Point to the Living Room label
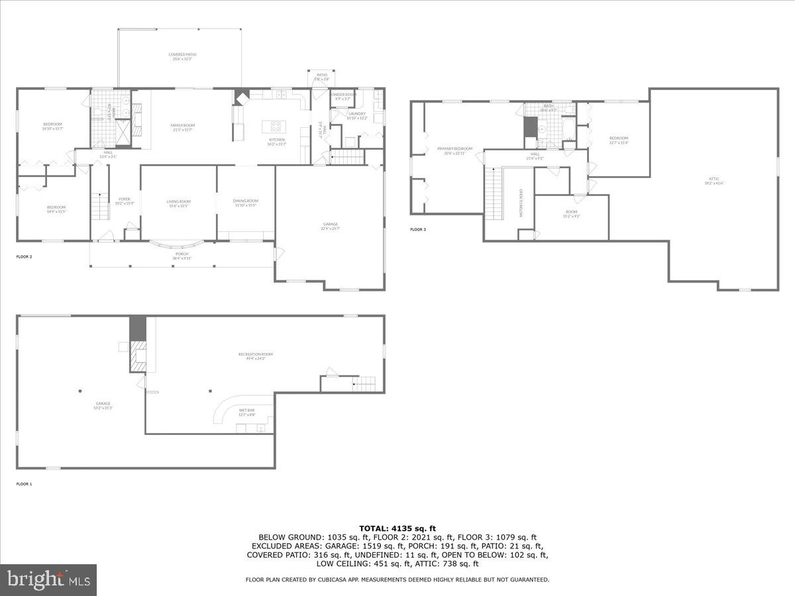tap(178, 201)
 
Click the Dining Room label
tap(245, 201)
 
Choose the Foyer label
tap(125, 199)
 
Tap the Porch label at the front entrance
tap(182, 254)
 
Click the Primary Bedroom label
tap(454, 149)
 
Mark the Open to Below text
tap(521, 203)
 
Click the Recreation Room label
tap(256, 354)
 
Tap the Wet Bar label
tap(246, 412)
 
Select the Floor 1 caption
tap(24, 484)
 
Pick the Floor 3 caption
tap(417, 230)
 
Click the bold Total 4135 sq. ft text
tap(397, 528)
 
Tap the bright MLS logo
tap(48, 580)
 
